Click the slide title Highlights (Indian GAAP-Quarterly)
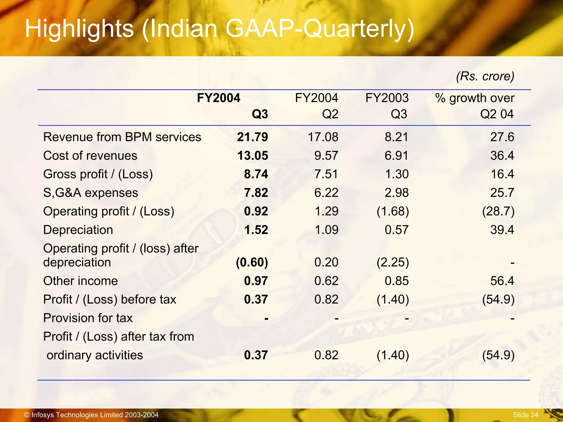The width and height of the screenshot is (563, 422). (x=219, y=29)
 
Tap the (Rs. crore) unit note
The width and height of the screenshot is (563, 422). (x=485, y=76)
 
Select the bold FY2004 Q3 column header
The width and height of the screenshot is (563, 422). (x=232, y=106)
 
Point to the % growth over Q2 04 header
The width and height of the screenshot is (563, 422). (x=475, y=106)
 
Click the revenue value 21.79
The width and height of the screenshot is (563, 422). (x=252, y=137)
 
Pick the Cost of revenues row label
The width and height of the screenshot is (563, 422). (x=90, y=156)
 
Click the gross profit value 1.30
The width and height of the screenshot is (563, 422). (x=397, y=174)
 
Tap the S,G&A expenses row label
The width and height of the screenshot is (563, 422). (x=90, y=193)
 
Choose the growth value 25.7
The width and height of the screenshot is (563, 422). (x=502, y=193)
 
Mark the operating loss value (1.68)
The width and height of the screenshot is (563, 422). (x=393, y=211)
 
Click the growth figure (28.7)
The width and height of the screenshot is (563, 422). (x=498, y=211)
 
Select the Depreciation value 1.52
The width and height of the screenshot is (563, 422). (x=256, y=230)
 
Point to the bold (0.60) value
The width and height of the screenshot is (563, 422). (x=252, y=262)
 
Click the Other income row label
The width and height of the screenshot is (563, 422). (x=81, y=281)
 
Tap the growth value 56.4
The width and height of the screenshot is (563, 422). (x=502, y=281)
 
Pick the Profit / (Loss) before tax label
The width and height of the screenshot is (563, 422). (x=109, y=299)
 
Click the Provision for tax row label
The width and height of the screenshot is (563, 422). (x=88, y=318)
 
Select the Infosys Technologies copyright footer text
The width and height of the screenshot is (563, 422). (x=91, y=415)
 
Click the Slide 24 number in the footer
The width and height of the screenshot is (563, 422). (x=525, y=415)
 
